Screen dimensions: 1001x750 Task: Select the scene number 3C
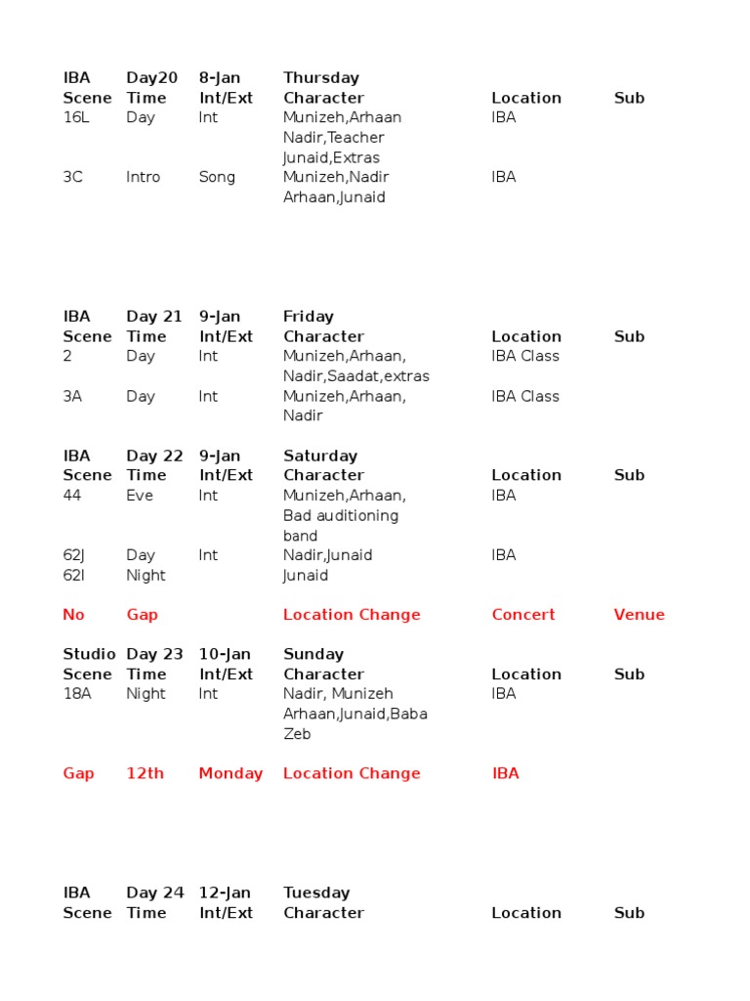[73, 177]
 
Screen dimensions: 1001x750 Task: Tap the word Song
[217, 177]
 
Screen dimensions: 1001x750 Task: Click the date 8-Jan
[220, 77]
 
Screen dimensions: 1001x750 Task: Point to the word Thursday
[321, 77]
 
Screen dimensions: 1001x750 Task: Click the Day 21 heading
[154, 316]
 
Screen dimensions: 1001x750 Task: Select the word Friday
[309, 316]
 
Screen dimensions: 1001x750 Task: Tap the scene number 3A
[73, 396]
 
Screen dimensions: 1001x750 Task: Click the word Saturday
[320, 456]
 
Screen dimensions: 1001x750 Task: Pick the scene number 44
[73, 495]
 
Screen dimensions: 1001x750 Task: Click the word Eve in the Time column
[140, 495]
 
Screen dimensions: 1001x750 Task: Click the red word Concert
[523, 614]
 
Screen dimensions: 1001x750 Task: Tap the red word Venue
[640, 614]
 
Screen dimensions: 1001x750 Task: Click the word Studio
[89, 654]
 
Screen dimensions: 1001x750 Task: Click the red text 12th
[146, 773]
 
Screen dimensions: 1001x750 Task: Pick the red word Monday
[230, 773]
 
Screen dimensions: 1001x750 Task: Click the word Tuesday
[316, 892]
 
